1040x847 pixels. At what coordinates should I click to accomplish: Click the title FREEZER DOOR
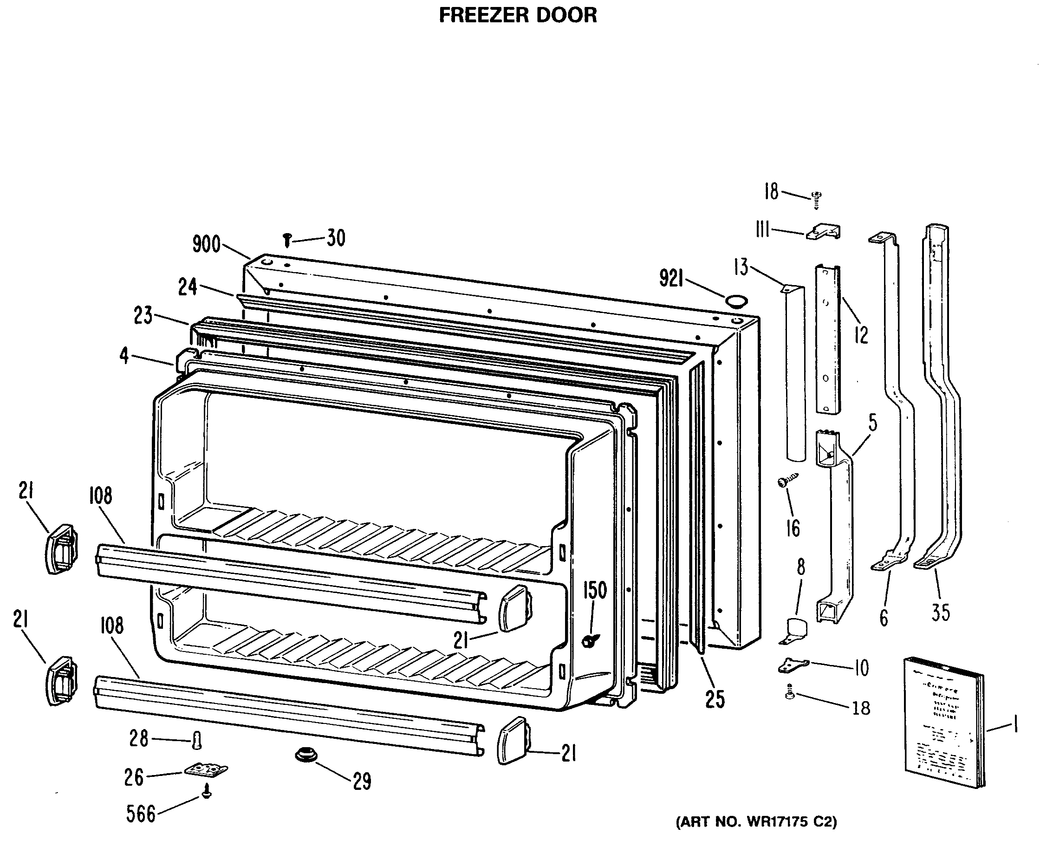[518, 16]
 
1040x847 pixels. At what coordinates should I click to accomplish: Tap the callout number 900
[206, 244]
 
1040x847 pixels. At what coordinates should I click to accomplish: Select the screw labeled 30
[287, 240]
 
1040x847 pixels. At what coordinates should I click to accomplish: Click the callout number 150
[595, 591]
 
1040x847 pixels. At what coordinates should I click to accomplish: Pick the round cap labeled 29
[306, 755]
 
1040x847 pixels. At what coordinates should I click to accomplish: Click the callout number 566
[141, 814]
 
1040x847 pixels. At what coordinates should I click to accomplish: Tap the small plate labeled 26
[206, 770]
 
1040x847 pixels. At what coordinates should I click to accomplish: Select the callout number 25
[715, 700]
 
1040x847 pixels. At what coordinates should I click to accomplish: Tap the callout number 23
[143, 316]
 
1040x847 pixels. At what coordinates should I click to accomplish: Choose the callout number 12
[861, 335]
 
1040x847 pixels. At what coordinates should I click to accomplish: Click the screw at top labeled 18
[816, 198]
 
